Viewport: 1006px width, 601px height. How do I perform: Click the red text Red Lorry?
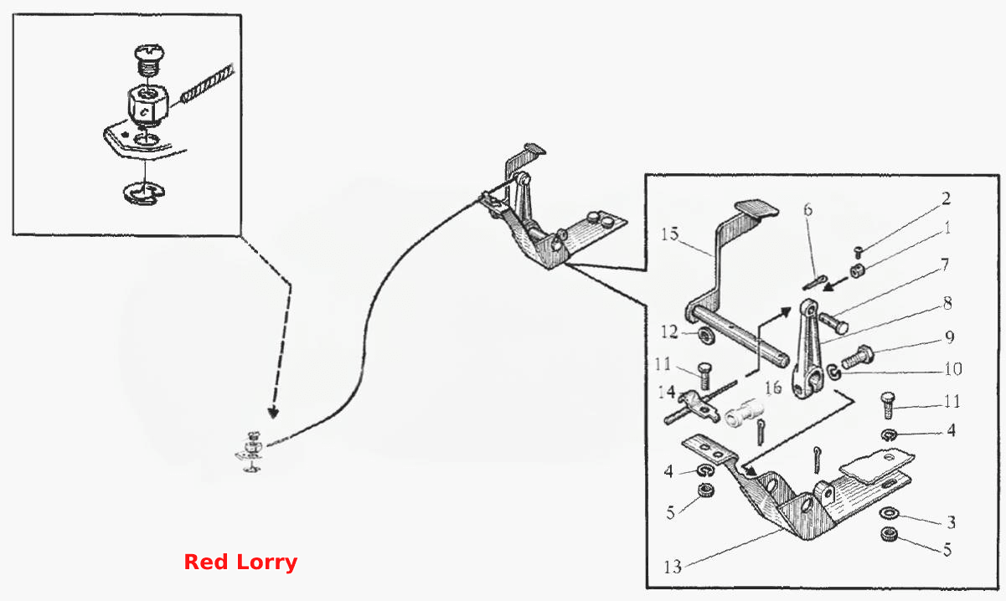pyautogui.click(x=240, y=562)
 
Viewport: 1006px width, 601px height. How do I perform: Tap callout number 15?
pyautogui.click(x=669, y=234)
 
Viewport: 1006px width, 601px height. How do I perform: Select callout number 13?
pyautogui.click(x=673, y=568)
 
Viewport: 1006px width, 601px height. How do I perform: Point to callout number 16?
pyautogui.click(x=773, y=388)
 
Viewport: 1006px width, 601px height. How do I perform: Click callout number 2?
pyautogui.click(x=946, y=198)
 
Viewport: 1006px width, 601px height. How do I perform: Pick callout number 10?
pyautogui.click(x=953, y=369)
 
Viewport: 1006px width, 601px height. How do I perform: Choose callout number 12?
pyautogui.click(x=669, y=332)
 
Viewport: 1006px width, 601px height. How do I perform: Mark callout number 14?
pyautogui.click(x=667, y=393)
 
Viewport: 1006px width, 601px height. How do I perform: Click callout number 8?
pyautogui.click(x=947, y=304)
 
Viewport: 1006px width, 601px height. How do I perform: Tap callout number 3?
pyautogui.click(x=952, y=522)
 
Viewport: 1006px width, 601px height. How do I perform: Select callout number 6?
pyautogui.click(x=808, y=209)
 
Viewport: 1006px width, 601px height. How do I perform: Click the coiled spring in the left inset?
pyautogui.click(x=208, y=84)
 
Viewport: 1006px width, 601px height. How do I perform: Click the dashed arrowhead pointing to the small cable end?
pyautogui.click(x=273, y=412)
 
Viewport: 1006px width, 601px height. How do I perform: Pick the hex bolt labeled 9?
pyautogui.click(x=858, y=357)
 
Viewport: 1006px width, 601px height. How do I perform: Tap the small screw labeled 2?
pyautogui.click(x=859, y=252)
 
